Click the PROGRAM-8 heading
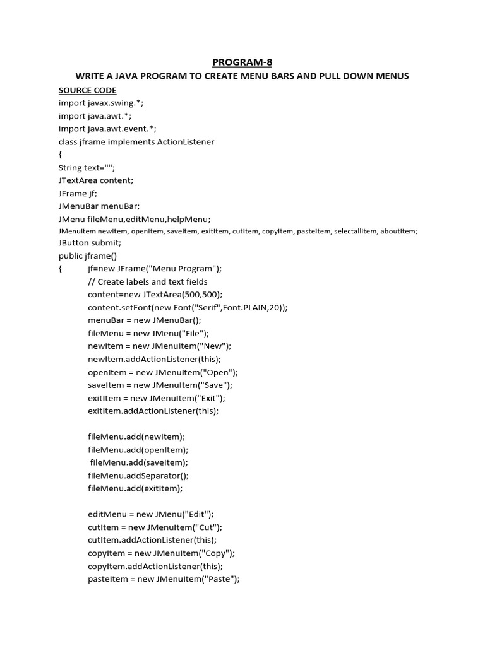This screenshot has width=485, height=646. [x=242, y=62]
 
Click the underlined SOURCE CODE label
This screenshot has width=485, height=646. [x=87, y=90]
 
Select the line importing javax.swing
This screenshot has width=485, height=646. [x=105, y=103]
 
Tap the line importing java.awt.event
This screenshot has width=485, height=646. [x=112, y=129]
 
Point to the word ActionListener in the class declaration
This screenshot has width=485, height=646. [x=184, y=142]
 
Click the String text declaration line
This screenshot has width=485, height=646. [x=87, y=168]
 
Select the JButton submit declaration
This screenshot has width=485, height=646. [x=90, y=243]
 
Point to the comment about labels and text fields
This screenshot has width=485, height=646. [x=148, y=281]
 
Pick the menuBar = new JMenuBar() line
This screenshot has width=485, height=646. [x=145, y=320]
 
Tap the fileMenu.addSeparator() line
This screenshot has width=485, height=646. [x=138, y=476]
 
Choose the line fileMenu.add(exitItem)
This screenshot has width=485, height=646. [x=135, y=488]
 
